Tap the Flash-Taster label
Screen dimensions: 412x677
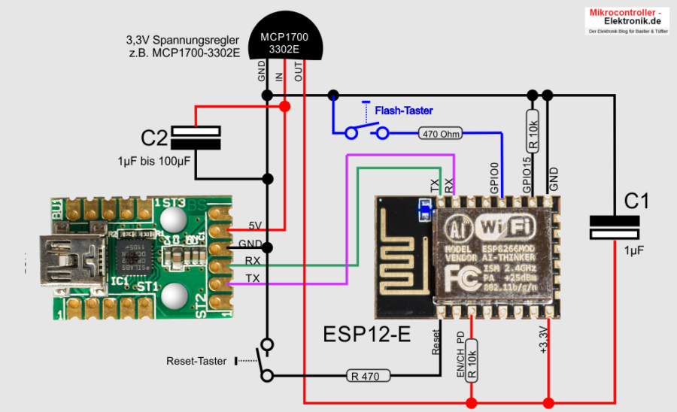[404, 111]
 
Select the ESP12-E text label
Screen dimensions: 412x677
[366, 334]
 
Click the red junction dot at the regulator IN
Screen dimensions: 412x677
[284, 107]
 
